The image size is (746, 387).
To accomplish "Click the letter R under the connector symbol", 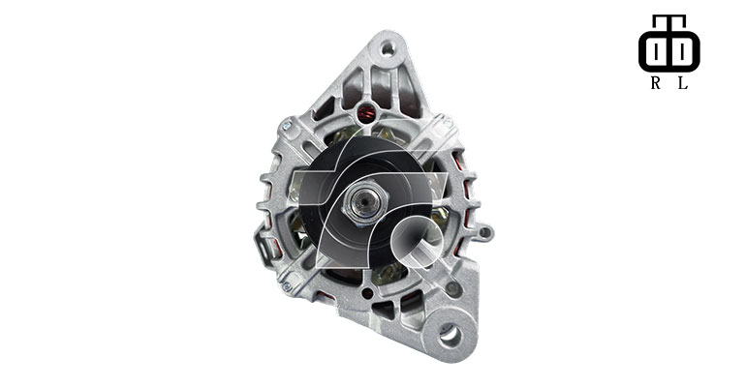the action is pos(656,83).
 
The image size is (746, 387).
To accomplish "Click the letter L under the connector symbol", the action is pos(683,83).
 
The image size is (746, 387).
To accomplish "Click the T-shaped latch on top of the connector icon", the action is pos(668,20).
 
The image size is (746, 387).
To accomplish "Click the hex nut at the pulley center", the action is pos(365,203).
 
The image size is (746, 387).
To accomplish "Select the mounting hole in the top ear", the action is pos(389,48).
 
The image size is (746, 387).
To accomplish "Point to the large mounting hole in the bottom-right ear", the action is pos(450,336).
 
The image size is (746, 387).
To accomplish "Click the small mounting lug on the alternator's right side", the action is pos(483,232).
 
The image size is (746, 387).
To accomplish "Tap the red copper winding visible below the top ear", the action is pos(365,114).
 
